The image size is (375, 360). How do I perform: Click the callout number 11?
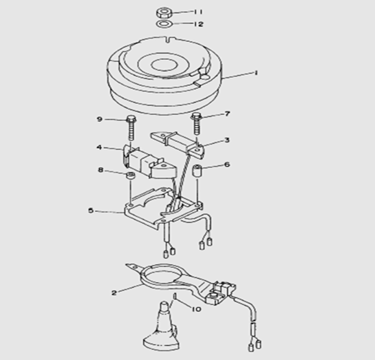tap(197, 12)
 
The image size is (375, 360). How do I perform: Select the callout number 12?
tap(198, 24)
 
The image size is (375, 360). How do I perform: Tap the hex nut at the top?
tap(164, 12)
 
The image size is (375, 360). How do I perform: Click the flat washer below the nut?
tap(164, 24)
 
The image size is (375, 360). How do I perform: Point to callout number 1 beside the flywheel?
tap(256, 73)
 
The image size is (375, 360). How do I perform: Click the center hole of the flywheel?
tap(164, 65)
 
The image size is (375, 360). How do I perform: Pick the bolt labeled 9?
tap(131, 129)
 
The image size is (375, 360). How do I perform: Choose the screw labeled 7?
tap(196, 124)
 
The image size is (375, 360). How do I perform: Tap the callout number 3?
tap(227, 140)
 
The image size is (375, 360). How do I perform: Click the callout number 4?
tap(99, 147)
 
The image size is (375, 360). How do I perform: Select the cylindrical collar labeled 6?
tap(197, 171)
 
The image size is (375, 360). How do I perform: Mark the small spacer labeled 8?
tap(131, 176)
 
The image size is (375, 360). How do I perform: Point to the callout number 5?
tap(91, 211)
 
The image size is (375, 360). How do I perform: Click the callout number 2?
tap(114, 293)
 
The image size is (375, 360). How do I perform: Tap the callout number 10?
tap(196, 309)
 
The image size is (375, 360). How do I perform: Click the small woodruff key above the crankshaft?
tap(175, 296)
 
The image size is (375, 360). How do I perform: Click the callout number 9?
tap(100, 119)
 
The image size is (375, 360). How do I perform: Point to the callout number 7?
tap(227, 114)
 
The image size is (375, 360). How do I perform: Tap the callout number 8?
tap(100, 170)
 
